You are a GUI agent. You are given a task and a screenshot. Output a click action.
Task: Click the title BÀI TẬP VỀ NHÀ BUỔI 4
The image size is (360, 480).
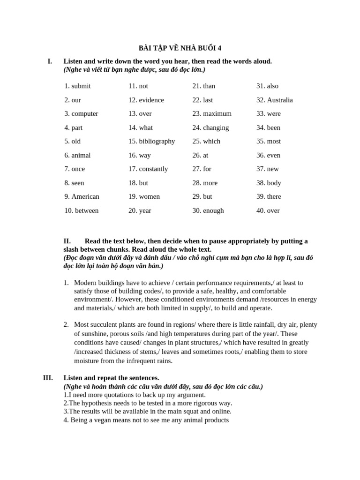[180, 48]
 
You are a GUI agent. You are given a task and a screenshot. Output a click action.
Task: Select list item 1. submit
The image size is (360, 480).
[78, 86]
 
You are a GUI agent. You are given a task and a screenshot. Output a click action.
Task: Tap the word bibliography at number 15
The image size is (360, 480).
[157, 141]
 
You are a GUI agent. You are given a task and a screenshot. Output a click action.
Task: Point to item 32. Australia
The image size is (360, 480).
[275, 100]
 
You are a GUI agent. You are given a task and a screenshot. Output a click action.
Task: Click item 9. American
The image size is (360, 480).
[82, 196]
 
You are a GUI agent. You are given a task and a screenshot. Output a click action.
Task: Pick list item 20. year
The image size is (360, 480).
[140, 210]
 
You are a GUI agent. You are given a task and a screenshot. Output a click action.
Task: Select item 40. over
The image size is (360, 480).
[268, 210]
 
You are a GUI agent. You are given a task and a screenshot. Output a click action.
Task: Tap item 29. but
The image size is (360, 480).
[202, 196]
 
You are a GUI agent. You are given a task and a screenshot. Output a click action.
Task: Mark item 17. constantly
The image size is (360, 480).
[148, 169]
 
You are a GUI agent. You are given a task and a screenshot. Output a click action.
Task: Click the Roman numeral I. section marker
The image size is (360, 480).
[50, 61]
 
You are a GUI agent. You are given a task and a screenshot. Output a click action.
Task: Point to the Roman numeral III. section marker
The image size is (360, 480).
[48, 378]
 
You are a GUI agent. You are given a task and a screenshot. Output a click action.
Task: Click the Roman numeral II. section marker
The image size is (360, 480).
[67, 241]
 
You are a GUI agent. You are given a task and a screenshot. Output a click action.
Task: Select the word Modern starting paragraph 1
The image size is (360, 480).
[86, 283]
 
